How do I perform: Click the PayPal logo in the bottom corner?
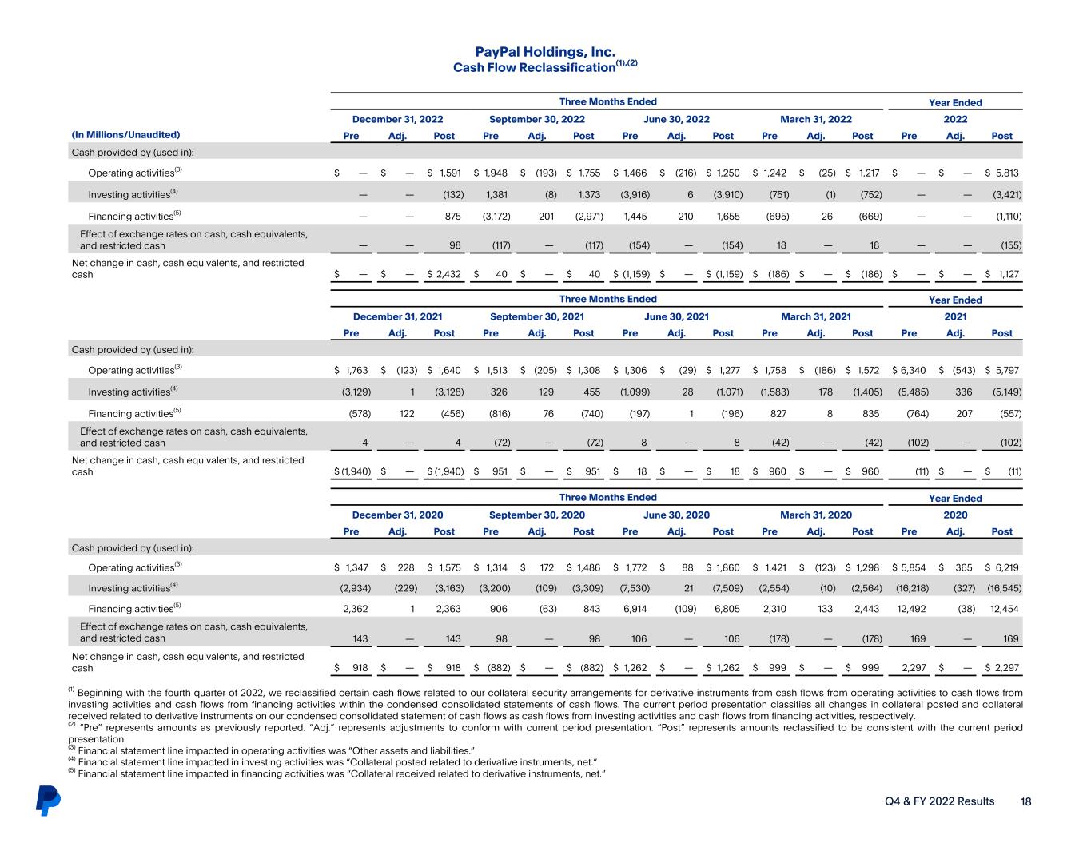point(48,801)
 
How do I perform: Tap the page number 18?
point(1025,801)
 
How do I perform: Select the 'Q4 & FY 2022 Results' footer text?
point(939,801)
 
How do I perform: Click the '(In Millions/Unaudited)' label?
point(126,135)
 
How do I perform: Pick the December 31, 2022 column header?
point(397,119)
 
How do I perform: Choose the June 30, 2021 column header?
point(676,316)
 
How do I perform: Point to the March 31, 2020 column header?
point(815,515)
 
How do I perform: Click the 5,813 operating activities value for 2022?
point(1006,173)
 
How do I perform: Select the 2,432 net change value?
point(445,274)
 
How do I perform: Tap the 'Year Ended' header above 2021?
point(955,300)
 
